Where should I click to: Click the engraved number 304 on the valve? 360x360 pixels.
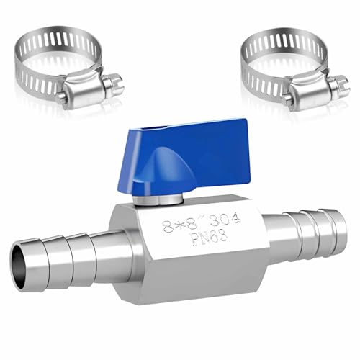pyautogui.click(x=225, y=220)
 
